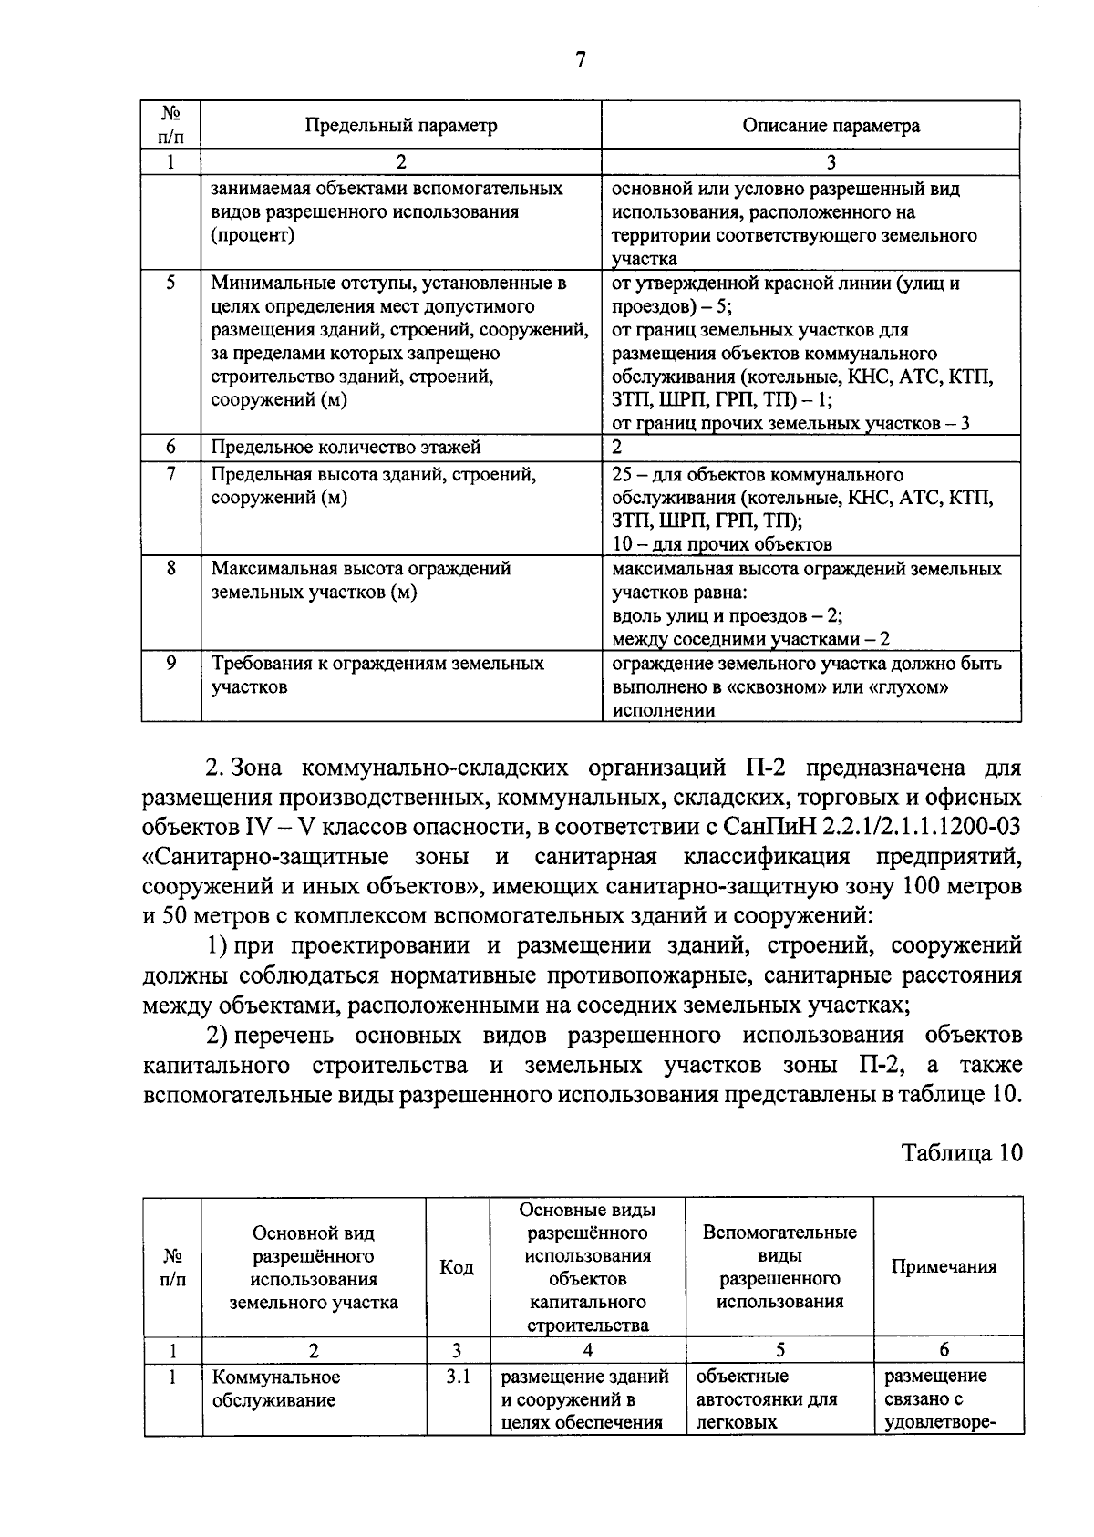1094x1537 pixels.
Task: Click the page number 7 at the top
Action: click(580, 60)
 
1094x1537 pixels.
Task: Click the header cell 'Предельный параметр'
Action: click(400, 126)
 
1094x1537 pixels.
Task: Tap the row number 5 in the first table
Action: click(170, 284)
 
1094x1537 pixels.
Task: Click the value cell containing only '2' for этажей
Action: click(617, 447)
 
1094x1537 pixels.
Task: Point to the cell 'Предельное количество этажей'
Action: click(346, 447)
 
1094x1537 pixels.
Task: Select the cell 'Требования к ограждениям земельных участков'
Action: click(377, 676)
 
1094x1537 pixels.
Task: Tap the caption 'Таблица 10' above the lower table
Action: click(962, 1152)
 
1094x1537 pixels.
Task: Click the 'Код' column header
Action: click(457, 1267)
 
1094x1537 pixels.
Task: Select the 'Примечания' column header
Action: click(944, 1266)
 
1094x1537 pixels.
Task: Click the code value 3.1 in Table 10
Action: click(457, 1377)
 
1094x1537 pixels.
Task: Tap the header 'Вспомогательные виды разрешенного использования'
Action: click(779, 1266)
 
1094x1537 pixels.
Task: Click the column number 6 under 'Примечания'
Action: click(944, 1350)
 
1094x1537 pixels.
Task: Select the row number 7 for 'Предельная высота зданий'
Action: click(170, 475)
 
